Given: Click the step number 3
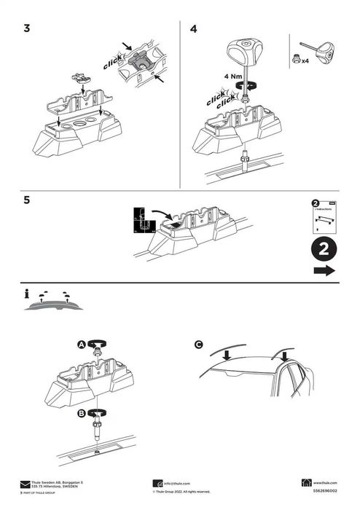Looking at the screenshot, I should tap(27, 29).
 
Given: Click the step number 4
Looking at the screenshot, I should tap(193, 29).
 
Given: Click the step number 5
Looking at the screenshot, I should tap(27, 200).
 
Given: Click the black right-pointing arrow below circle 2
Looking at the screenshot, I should tap(324, 271).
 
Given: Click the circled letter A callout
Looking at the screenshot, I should tap(82, 345).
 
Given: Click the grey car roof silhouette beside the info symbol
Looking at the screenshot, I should tap(54, 306).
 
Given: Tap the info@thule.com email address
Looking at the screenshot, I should tap(177, 483).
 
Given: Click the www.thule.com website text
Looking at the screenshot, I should tap(325, 483).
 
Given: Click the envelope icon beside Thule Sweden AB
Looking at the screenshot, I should tap(25, 483).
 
